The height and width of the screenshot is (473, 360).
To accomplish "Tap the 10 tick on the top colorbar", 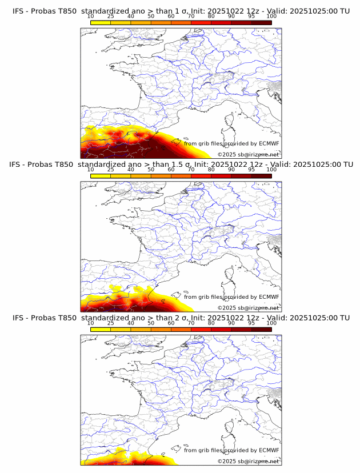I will click(x=91, y=16).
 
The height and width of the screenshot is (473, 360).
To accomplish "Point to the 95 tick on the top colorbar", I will click(x=251, y=16).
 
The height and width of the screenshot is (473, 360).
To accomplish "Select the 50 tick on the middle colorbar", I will click(x=151, y=170).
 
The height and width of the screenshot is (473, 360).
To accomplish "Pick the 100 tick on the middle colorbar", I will click(x=271, y=170).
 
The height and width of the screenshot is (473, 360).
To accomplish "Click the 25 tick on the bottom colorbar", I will click(x=111, y=323).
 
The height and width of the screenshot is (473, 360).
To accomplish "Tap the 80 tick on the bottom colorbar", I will click(x=211, y=323).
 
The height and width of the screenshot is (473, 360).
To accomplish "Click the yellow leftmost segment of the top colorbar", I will click(x=101, y=23).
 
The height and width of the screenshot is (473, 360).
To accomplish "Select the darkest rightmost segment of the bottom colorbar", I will click(x=261, y=329).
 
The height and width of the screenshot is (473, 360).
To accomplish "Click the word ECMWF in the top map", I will click(x=269, y=143).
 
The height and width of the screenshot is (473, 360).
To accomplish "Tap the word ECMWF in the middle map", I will click(x=269, y=297).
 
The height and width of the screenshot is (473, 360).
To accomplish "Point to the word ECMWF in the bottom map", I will click(x=269, y=450).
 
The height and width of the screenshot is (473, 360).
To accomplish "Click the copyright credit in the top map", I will click(x=248, y=154).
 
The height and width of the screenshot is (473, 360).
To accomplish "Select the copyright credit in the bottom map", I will click(x=248, y=461).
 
